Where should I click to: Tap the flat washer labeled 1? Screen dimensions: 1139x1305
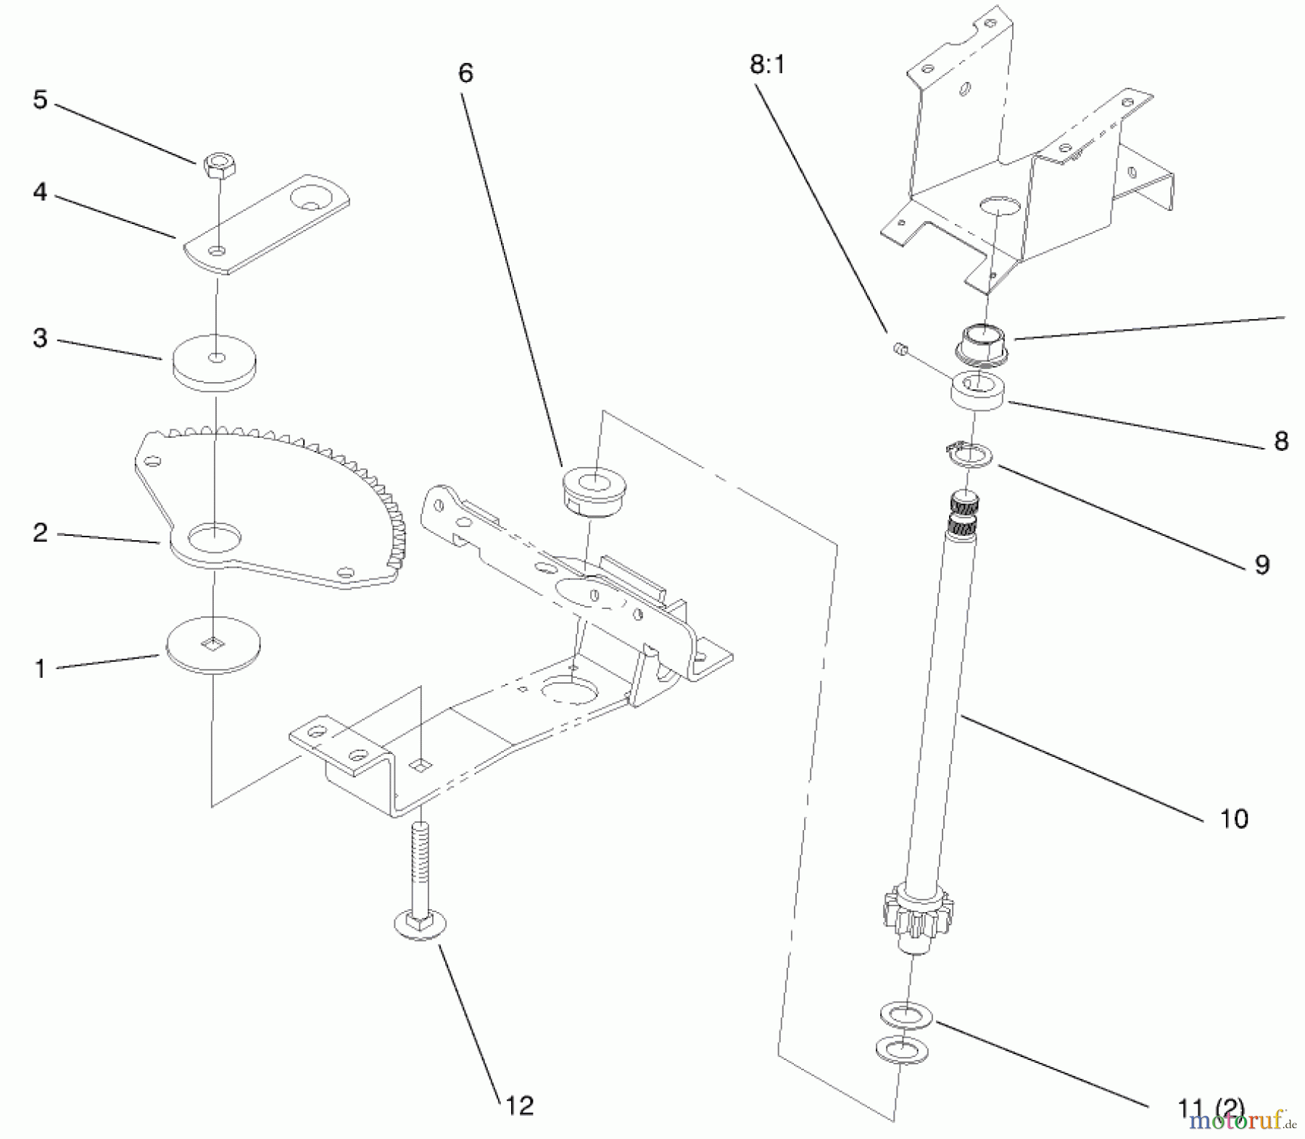tap(213, 644)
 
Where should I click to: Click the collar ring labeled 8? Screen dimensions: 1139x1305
tap(978, 392)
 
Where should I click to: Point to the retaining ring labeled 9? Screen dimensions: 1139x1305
tap(971, 457)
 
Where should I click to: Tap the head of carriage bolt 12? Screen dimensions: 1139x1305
tap(420, 927)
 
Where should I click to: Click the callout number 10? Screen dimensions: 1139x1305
tap(1234, 819)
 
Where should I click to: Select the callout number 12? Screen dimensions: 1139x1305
tap(519, 1105)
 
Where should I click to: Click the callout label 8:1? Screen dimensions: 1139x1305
tap(767, 65)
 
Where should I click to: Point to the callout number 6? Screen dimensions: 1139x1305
tap(465, 73)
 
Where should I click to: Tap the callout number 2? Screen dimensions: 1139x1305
tap(41, 533)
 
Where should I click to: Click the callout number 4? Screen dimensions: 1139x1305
tap(40, 192)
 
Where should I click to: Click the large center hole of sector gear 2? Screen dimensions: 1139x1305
tap(214, 537)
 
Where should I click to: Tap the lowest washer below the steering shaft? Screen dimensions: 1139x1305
tap(901, 1050)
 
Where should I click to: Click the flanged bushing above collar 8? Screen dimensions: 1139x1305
tap(983, 342)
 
